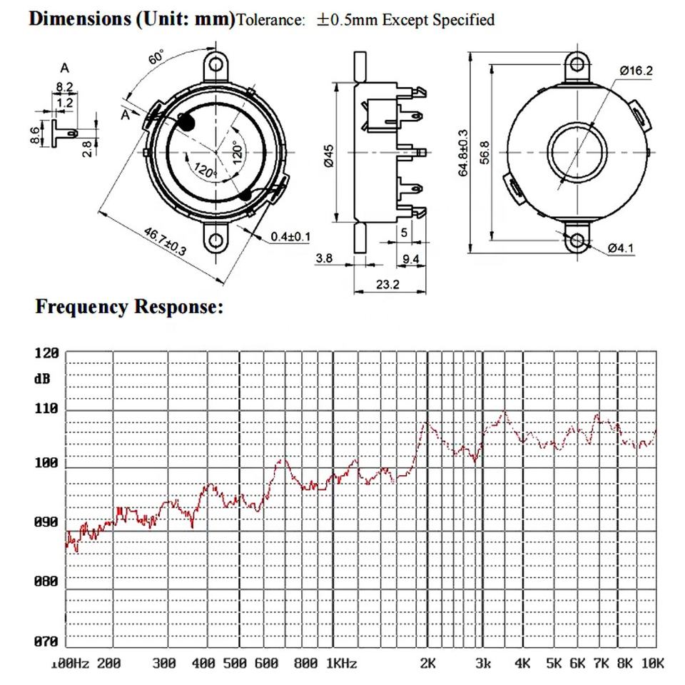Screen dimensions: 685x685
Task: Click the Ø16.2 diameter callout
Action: point(636,71)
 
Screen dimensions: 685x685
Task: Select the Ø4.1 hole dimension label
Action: point(621,248)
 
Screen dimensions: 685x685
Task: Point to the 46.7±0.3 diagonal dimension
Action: point(165,242)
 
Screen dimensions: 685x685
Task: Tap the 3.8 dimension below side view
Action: point(325,258)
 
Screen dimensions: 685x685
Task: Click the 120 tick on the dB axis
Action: point(46,353)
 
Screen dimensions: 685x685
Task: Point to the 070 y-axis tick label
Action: point(46,641)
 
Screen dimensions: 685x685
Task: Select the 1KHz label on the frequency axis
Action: point(341,664)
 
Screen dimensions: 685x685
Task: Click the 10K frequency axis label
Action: point(653,664)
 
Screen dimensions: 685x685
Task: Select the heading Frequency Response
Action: point(129,308)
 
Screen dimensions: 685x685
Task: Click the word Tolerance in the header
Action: point(270,21)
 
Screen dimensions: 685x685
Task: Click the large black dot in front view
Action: point(186,122)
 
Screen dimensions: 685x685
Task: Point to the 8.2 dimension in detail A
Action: point(64,87)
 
